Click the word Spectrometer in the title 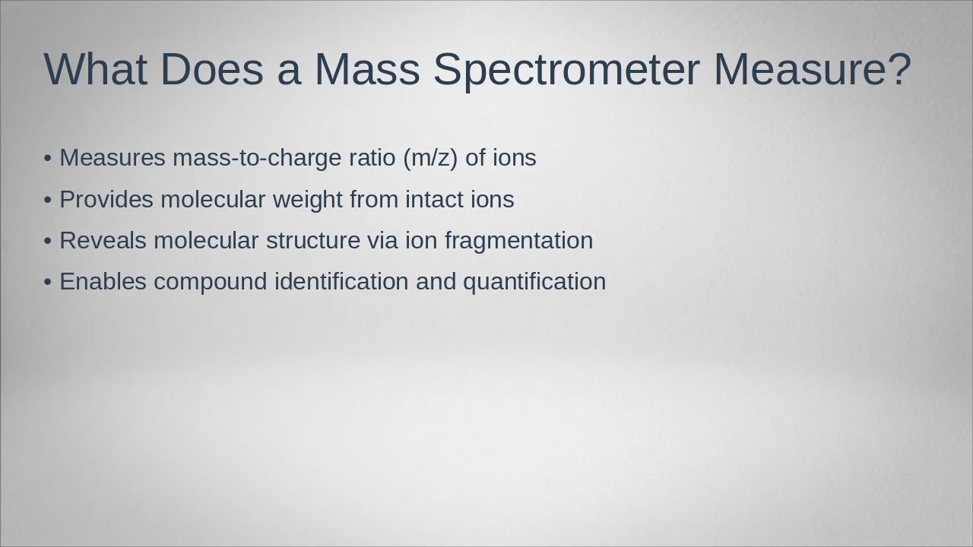566,69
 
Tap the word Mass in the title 366,69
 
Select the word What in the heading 95,69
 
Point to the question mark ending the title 899,69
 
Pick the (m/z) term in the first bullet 430,158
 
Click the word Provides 106,200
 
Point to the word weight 307,200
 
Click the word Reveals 103,241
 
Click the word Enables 103,282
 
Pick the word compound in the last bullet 210,282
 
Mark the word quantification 534,282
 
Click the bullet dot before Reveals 48,241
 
